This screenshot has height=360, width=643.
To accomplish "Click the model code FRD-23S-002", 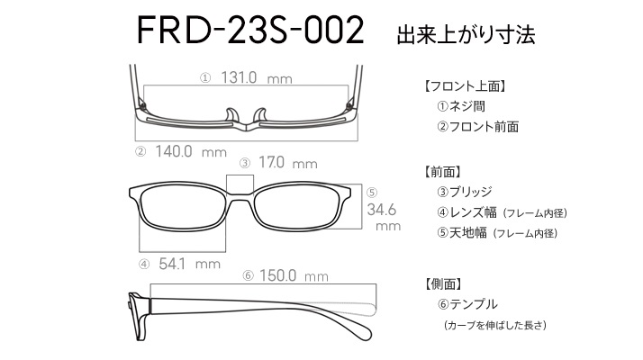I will pyautogui.click(x=249, y=31).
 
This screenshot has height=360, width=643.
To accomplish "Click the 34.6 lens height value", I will pyautogui.click(x=384, y=210).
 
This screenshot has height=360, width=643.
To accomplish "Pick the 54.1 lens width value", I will pyautogui.click(x=176, y=264).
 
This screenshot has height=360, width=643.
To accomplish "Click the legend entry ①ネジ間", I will pyautogui.click(x=460, y=106).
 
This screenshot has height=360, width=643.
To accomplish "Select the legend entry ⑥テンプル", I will pyautogui.click(x=466, y=304).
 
